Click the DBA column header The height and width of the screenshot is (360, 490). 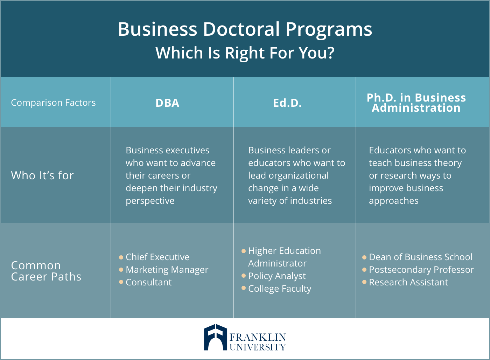167,103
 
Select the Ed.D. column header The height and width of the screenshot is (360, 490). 287,103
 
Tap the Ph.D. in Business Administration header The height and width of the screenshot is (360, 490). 416,103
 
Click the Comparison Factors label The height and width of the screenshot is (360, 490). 53,103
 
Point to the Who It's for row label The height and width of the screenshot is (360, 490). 42,175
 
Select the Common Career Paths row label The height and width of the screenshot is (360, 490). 46,271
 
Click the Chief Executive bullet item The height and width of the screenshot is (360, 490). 157,257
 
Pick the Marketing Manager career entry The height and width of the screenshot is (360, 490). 167,270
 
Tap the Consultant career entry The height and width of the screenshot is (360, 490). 149,282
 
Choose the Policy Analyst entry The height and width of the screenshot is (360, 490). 277,276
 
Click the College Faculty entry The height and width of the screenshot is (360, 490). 280,289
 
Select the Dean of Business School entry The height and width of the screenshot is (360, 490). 421,257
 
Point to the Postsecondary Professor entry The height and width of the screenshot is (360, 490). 421,270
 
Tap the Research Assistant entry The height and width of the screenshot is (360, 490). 408,282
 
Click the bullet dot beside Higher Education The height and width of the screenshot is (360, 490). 244,251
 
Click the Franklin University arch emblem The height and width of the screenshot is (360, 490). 216,337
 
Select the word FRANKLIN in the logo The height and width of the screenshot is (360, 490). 258,337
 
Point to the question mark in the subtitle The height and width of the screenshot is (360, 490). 330,53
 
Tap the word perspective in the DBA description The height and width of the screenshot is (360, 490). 150,201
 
